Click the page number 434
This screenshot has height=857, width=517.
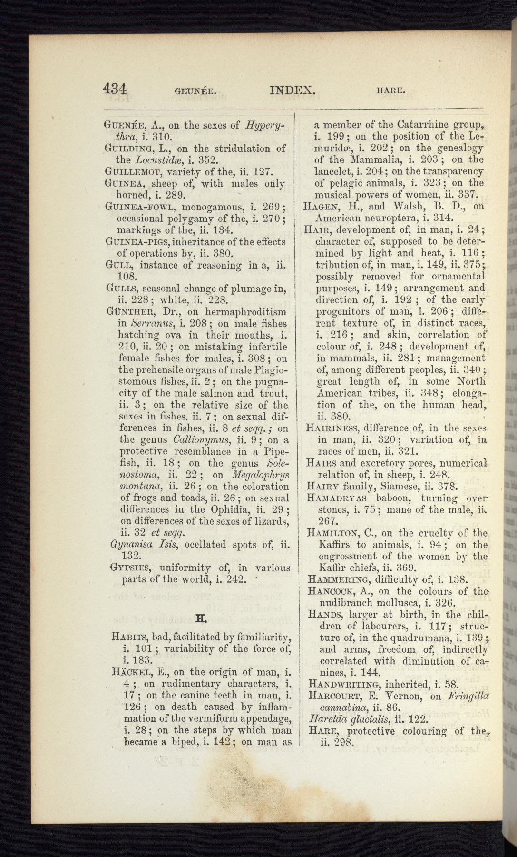[115, 89]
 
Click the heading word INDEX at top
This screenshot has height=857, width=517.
[292, 90]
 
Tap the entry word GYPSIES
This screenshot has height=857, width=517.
[130, 568]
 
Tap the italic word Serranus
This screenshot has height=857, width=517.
[148, 324]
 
